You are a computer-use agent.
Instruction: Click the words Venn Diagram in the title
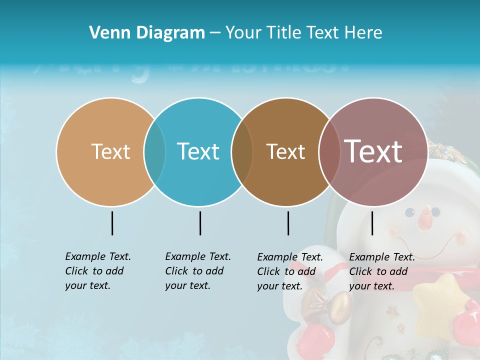147,33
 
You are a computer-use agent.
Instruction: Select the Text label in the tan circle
110,151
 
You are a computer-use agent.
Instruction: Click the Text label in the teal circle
198,151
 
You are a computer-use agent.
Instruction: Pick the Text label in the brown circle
285,151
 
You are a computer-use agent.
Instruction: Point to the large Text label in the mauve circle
373,151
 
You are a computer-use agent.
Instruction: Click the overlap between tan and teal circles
155,152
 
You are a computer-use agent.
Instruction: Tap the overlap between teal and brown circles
242,152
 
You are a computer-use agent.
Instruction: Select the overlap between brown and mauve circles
330,152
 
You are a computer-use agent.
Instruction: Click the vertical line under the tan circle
112,223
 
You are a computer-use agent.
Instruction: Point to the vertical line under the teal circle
200,223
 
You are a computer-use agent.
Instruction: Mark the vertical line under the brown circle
288,223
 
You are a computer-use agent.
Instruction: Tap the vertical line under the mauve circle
372,223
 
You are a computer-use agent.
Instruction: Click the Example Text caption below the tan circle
97,271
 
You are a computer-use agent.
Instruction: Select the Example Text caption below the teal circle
197,271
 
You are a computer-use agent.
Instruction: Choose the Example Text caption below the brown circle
289,271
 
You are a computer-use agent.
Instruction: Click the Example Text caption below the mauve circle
381,271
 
